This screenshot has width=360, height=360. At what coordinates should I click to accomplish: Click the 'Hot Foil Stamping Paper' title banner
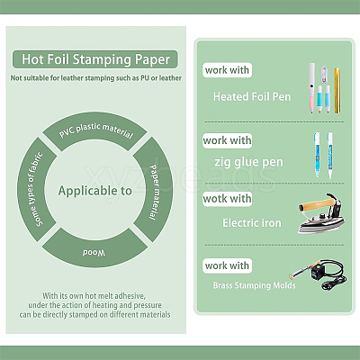click(x=95, y=59)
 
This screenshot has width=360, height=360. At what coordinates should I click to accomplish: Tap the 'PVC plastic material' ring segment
click(x=95, y=130)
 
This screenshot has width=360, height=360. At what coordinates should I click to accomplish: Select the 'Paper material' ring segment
click(x=154, y=191)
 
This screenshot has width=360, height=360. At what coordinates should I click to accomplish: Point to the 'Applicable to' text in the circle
click(x=95, y=191)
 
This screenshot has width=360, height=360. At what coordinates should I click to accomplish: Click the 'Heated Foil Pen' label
click(x=252, y=97)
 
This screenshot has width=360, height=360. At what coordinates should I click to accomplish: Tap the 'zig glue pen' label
click(x=248, y=162)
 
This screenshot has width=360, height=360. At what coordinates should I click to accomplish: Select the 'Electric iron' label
click(x=252, y=223)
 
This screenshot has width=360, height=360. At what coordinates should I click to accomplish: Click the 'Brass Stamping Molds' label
click(x=255, y=285)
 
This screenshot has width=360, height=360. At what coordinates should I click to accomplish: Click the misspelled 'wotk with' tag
click(x=227, y=199)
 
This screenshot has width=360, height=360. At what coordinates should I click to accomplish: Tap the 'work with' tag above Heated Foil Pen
click(x=227, y=70)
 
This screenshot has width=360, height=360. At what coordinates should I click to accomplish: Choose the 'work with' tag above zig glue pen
click(x=227, y=140)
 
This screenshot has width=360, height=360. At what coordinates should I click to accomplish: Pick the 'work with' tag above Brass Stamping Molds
click(x=227, y=265)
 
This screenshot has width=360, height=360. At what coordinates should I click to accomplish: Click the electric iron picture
click(x=321, y=213)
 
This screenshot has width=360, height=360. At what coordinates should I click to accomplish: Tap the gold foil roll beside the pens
click(x=337, y=90)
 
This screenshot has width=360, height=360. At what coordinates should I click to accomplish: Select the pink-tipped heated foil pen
click(x=312, y=87)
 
